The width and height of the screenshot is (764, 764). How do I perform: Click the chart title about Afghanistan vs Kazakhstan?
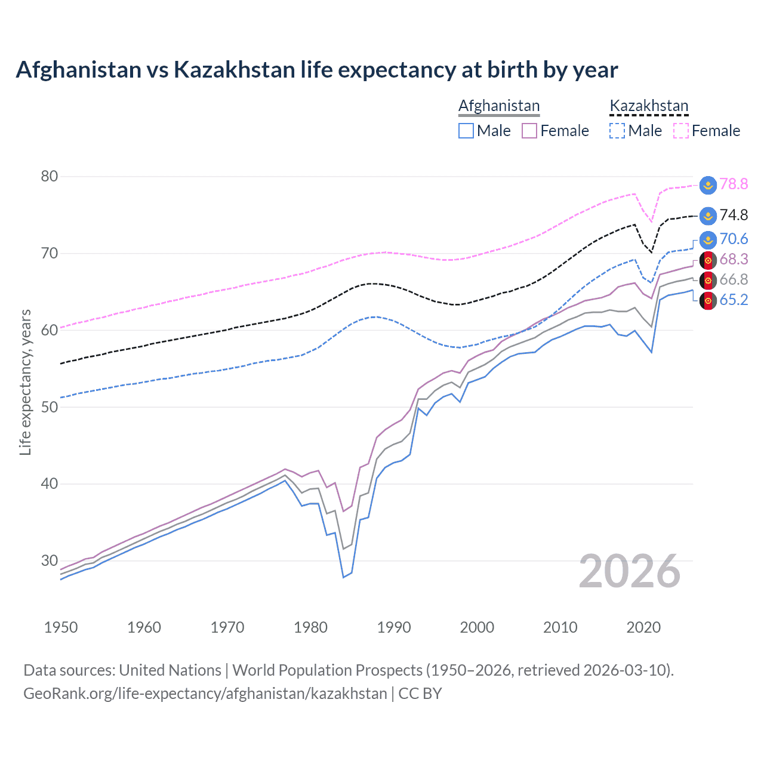[316, 70]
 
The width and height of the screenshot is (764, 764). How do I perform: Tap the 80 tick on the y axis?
[50, 176]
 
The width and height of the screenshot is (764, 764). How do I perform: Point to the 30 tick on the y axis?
[50, 560]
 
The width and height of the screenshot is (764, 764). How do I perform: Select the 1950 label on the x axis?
[61, 627]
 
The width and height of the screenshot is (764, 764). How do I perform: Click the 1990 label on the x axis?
[394, 627]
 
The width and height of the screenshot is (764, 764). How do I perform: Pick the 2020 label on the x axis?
[643, 627]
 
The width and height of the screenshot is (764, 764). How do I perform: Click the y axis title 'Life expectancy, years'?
[25, 382]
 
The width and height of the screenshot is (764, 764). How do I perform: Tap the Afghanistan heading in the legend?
[499, 106]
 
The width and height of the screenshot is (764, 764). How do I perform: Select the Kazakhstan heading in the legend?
[649, 106]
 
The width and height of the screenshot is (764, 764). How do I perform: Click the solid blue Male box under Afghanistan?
[466, 131]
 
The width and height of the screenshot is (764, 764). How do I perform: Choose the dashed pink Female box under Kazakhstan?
[681, 131]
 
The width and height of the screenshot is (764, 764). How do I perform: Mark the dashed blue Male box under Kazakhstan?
[617, 131]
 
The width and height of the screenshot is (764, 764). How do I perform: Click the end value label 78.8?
[734, 184]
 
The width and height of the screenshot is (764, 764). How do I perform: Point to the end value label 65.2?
[734, 300]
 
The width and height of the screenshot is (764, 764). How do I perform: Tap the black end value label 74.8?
[734, 215]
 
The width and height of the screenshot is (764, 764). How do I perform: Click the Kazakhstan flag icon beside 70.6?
[708, 239]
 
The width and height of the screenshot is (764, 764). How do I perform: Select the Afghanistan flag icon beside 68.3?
[708, 260]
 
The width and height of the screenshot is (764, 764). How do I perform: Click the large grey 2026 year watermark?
[630, 571]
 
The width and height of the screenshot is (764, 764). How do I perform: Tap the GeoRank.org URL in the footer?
[205, 693]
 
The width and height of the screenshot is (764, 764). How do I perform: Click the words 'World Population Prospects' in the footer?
[327, 670]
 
